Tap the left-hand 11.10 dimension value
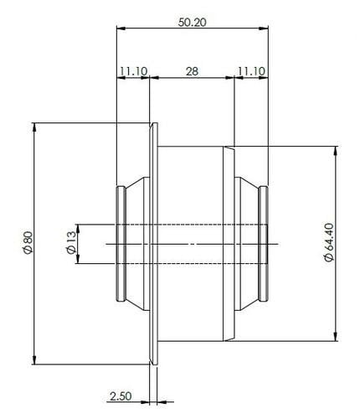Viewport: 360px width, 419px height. point(132,72)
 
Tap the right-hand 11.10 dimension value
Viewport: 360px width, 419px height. point(252,72)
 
